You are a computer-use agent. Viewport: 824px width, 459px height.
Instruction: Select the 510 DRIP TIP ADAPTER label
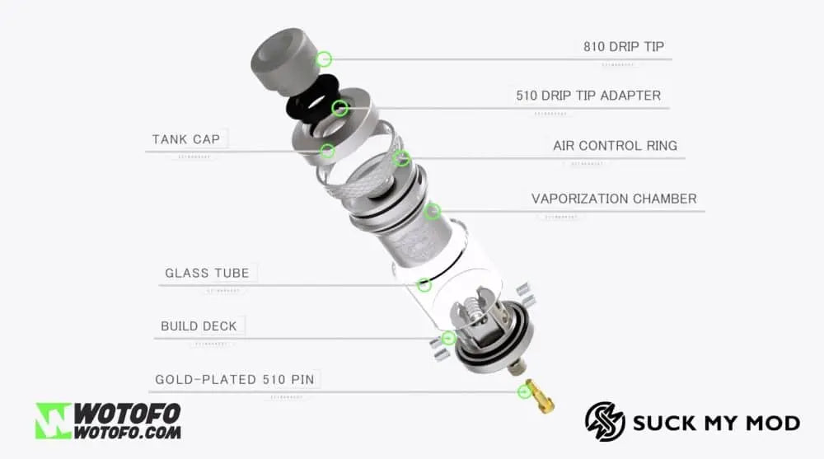point(588,96)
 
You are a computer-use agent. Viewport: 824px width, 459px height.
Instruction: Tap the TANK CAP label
point(186,139)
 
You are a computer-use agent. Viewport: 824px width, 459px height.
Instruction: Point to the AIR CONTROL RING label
point(615,146)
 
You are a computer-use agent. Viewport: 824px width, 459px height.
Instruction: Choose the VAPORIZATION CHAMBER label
point(614,199)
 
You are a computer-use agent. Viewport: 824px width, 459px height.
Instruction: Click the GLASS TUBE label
point(207,273)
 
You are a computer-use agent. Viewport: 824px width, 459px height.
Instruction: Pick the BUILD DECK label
point(199,326)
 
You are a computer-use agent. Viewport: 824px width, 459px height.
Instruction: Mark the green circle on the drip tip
point(324,59)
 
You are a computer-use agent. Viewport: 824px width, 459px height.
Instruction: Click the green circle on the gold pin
point(524,391)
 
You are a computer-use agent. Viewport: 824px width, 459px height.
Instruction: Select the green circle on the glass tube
point(424,285)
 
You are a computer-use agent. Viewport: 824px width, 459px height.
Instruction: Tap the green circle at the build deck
point(449,338)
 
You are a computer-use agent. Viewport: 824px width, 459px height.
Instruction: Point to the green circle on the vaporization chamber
point(432,212)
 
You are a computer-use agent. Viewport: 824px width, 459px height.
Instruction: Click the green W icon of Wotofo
point(54,420)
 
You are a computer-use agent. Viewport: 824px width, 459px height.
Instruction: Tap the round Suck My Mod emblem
point(605,422)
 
